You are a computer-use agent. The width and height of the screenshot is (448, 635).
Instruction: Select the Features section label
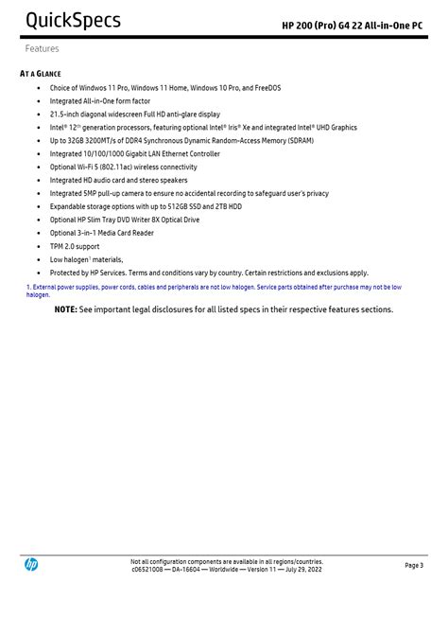tap(42, 48)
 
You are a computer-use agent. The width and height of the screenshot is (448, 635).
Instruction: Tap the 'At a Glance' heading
tap(41, 74)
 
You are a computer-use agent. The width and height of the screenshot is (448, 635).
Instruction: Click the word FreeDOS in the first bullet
tap(264, 88)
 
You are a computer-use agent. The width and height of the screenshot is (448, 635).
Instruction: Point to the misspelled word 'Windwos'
tap(96, 88)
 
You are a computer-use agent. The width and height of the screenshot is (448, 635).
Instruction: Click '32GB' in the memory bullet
tap(79, 140)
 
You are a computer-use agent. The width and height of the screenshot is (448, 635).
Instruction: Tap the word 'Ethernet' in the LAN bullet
tap(161, 153)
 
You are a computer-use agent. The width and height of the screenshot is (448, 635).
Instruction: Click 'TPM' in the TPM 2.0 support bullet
tap(58, 246)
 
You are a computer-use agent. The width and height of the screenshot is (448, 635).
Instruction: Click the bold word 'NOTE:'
tap(65, 309)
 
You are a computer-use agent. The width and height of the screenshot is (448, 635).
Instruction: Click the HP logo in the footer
tap(31, 565)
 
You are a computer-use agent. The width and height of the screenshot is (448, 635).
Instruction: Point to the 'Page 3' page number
tap(414, 565)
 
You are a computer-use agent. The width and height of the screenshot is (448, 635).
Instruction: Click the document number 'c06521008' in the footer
tap(148, 569)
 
